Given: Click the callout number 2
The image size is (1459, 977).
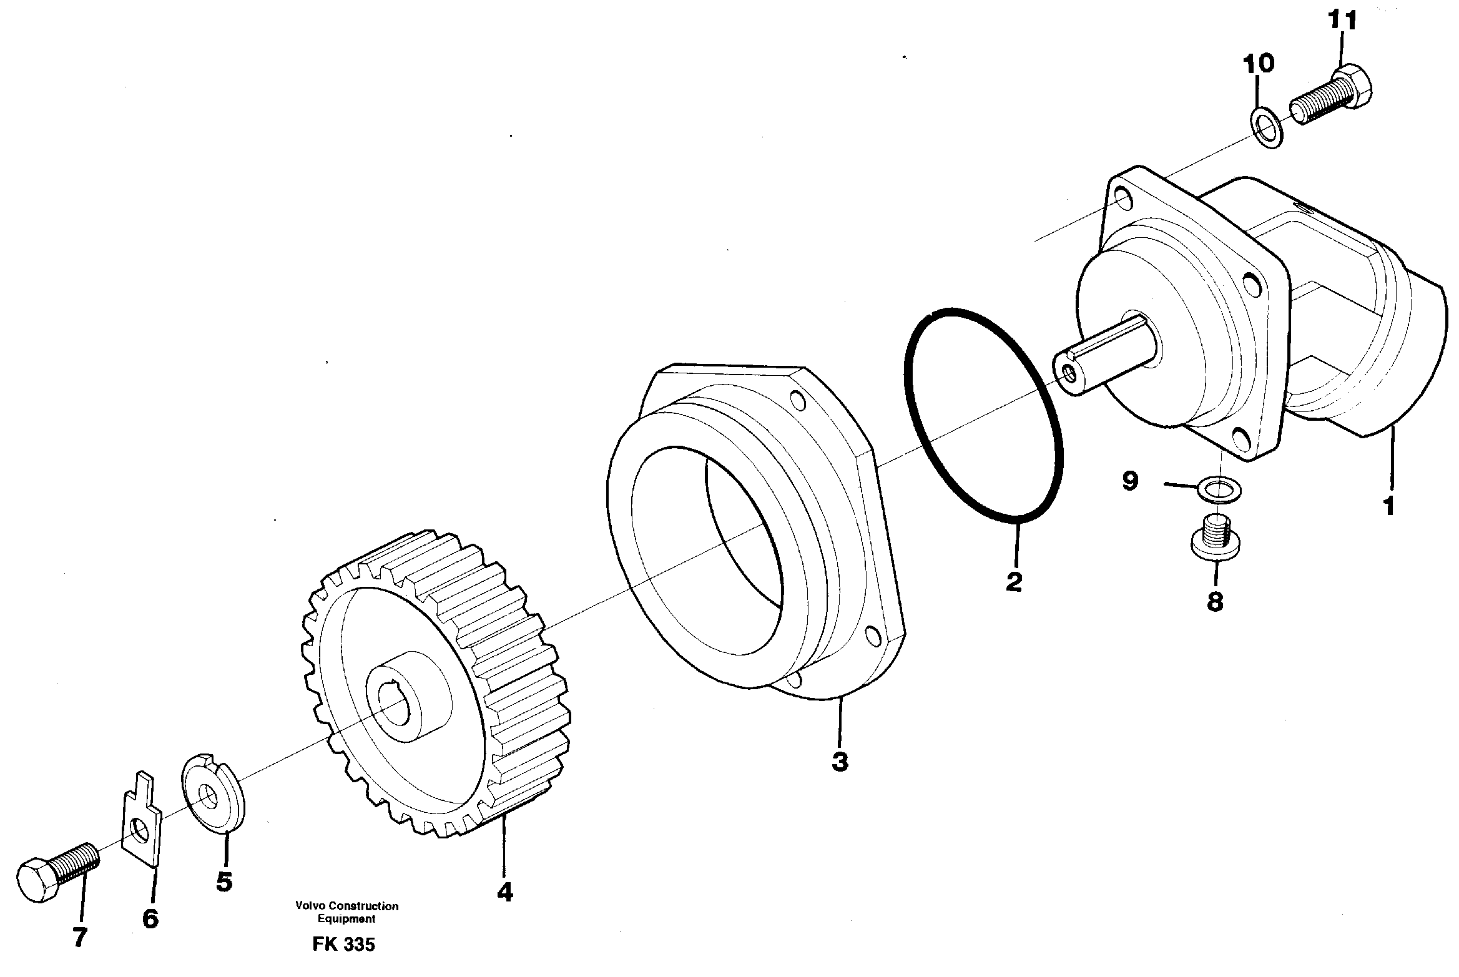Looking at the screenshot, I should coord(1013,582).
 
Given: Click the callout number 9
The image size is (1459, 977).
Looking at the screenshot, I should coord(1131,481).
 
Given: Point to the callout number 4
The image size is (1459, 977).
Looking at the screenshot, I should coord(504,893).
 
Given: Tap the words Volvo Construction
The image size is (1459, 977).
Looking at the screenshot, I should coord(346,906).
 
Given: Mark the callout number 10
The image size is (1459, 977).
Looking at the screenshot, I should coord(1257,63).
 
